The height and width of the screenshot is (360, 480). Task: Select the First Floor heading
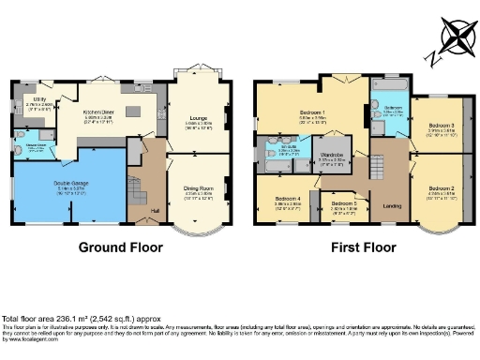coord(360,249)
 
